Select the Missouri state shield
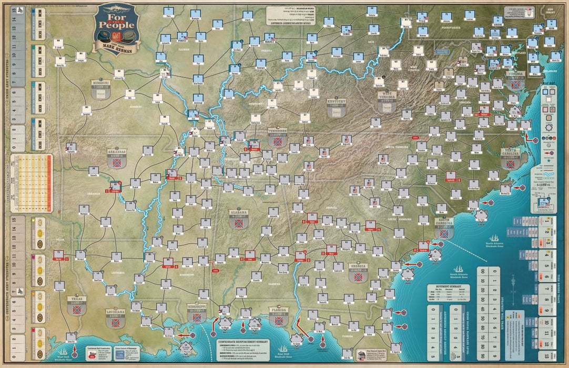tap(100, 90)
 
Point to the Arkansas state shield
tap(115, 159)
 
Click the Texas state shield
tap(77, 308)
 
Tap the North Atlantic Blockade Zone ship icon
tap(494, 239)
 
